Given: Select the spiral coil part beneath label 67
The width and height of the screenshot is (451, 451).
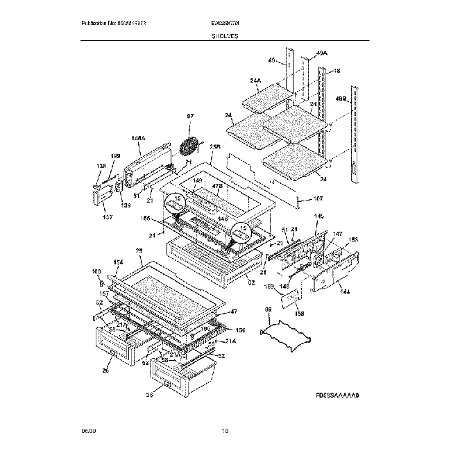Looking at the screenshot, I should pos(189,147).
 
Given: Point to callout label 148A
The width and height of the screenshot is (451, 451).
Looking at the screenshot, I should pos(137,139).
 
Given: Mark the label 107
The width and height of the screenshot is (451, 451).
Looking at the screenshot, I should pos(318,199).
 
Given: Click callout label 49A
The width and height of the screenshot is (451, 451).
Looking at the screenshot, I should pos(321,53).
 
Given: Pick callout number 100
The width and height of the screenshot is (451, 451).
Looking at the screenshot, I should pos(96,271).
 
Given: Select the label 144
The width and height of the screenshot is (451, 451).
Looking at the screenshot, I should pos(344,291).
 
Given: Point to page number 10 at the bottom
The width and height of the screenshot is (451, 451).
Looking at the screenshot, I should pos(224,431).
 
